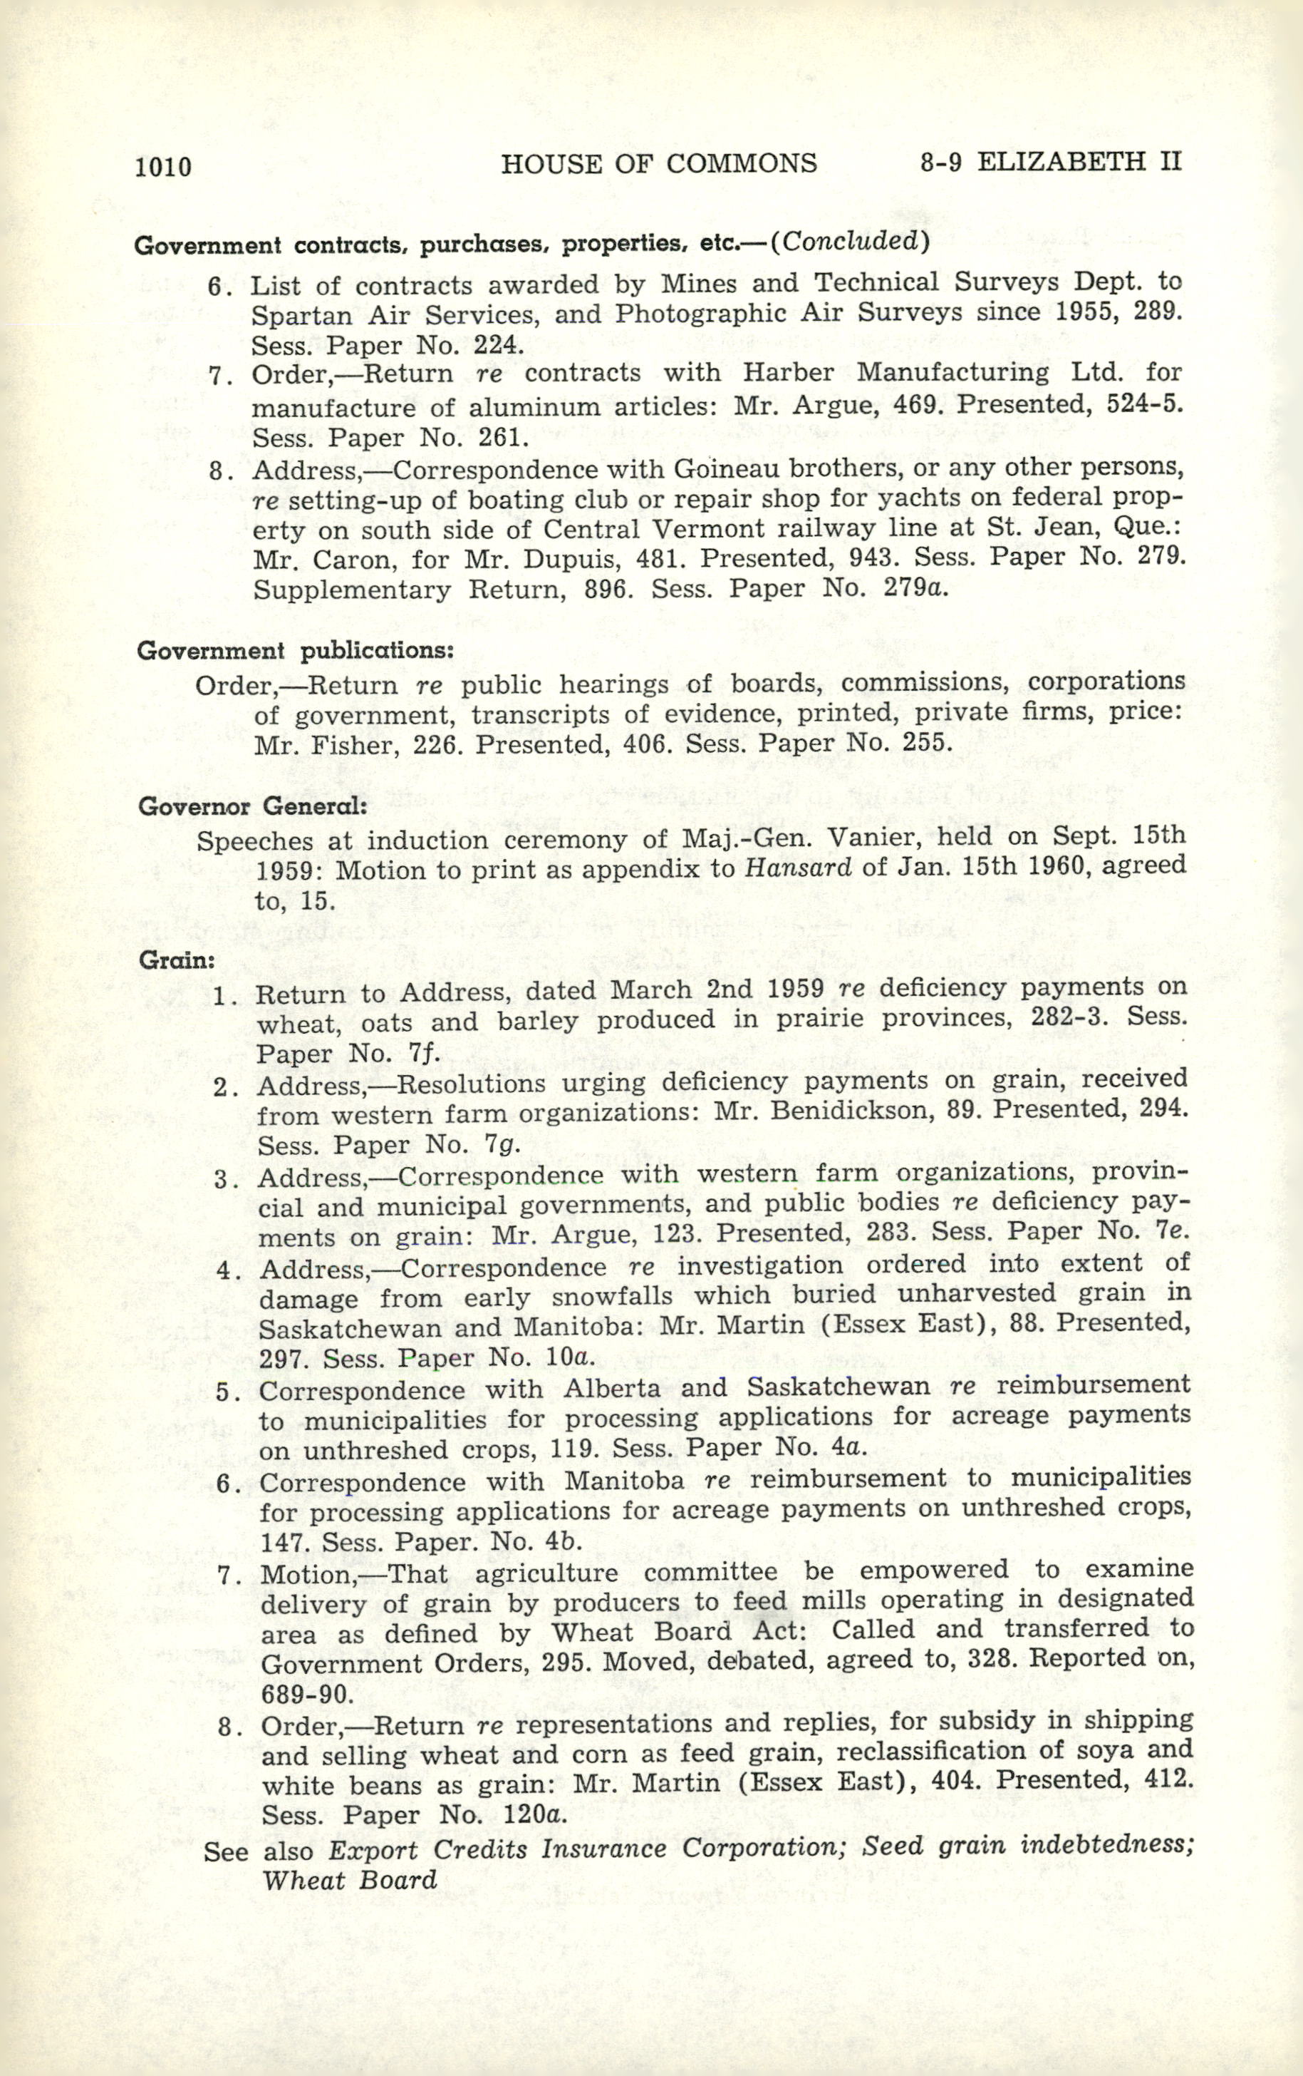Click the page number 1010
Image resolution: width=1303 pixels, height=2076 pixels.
pyautogui.click(x=163, y=165)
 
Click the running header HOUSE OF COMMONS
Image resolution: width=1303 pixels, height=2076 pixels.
pyautogui.click(x=658, y=163)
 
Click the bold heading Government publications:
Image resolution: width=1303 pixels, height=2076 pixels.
pyautogui.click(x=295, y=651)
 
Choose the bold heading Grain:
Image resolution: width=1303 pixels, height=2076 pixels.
pyautogui.click(x=177, y=959)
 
